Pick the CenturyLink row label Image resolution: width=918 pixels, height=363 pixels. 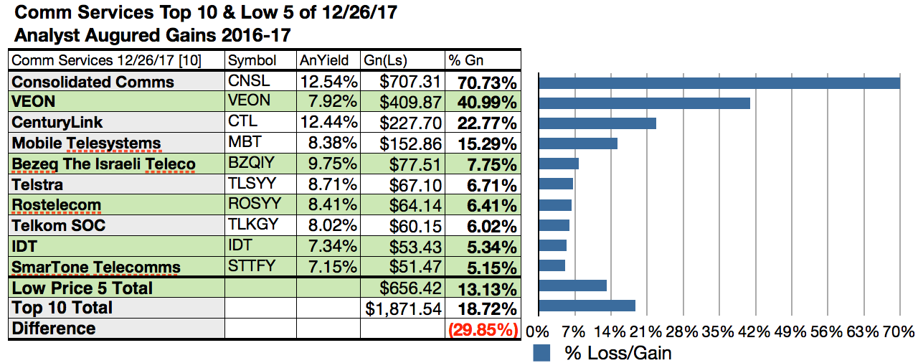point(57,123)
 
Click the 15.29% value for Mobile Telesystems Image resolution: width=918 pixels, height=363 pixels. point(483,143)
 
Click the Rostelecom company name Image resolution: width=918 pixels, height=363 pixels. point(56,206)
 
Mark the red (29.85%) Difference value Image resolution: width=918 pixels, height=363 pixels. point(482,330)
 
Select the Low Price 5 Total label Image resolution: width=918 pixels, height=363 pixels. point(82,288)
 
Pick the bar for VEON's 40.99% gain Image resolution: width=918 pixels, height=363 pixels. point(644,103)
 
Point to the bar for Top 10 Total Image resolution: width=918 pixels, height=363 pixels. point(587,306)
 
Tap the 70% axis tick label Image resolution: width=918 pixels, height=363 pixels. point(899,332)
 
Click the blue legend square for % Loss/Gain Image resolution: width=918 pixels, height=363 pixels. point(542,353)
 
